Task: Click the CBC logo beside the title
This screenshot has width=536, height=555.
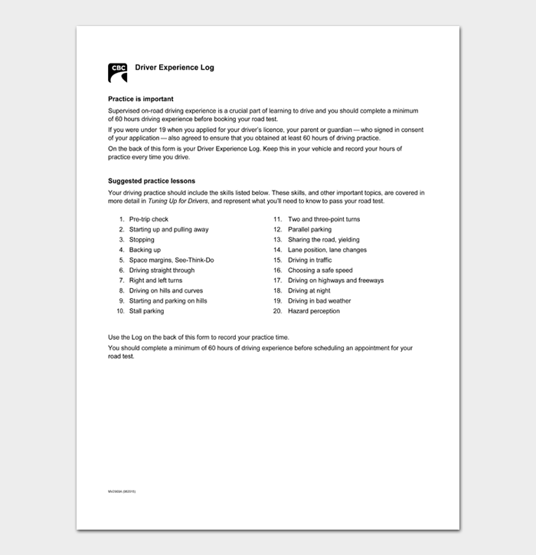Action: (117, 73)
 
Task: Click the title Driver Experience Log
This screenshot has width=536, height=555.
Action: (175, 67)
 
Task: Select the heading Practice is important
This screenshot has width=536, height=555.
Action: (141, 99)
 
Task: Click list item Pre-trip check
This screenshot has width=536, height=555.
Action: (149, 219)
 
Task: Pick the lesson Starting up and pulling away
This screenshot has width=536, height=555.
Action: (168, 229)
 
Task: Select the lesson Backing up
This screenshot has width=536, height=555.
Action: (145, 250)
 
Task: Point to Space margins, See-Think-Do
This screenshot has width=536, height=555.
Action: (172, 260)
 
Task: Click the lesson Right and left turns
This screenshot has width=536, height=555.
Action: (155, 281)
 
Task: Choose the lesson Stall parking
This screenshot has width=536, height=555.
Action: (146, 311)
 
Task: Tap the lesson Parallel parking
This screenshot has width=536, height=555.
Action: (309, 229)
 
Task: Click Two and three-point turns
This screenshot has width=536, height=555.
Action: (323, 219)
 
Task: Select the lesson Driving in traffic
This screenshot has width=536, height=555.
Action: (309, 260)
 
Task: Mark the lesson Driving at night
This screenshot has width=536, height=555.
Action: (309, 291)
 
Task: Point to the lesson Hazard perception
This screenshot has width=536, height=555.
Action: (313, 311)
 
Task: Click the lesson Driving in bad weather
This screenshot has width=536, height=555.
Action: (319, 301)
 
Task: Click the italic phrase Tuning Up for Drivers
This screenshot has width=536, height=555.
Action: (180, 201)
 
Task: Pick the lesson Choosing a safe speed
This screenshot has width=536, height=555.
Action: (320, 271)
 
